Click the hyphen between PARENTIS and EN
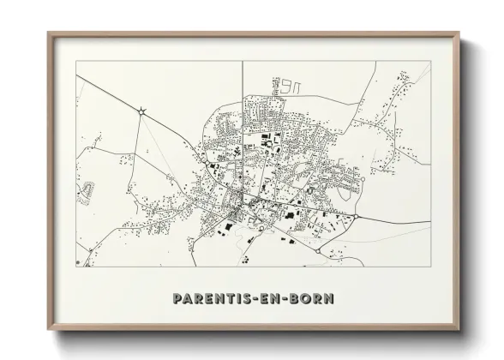tap(255, 299)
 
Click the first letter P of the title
tap(177, 299)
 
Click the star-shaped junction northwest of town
tap(141, 109)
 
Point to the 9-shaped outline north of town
tap(292, 86)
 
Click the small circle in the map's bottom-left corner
tap(78, 261)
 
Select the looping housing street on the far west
tap(85, 193)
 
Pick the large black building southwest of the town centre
tap(229, 226)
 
